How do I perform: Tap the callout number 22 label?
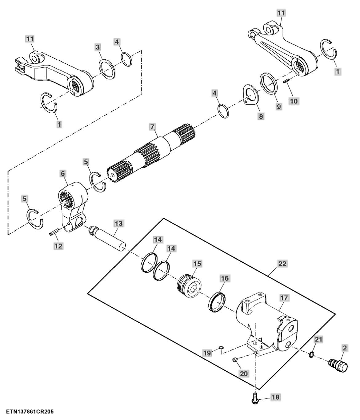pos(282,264)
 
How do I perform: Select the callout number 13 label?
pos(118,223)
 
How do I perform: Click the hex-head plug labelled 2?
pos(338,365)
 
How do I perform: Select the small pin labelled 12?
pos(53,231)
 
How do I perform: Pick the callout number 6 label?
pos(63,174)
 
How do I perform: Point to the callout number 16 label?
pos(225,278)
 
